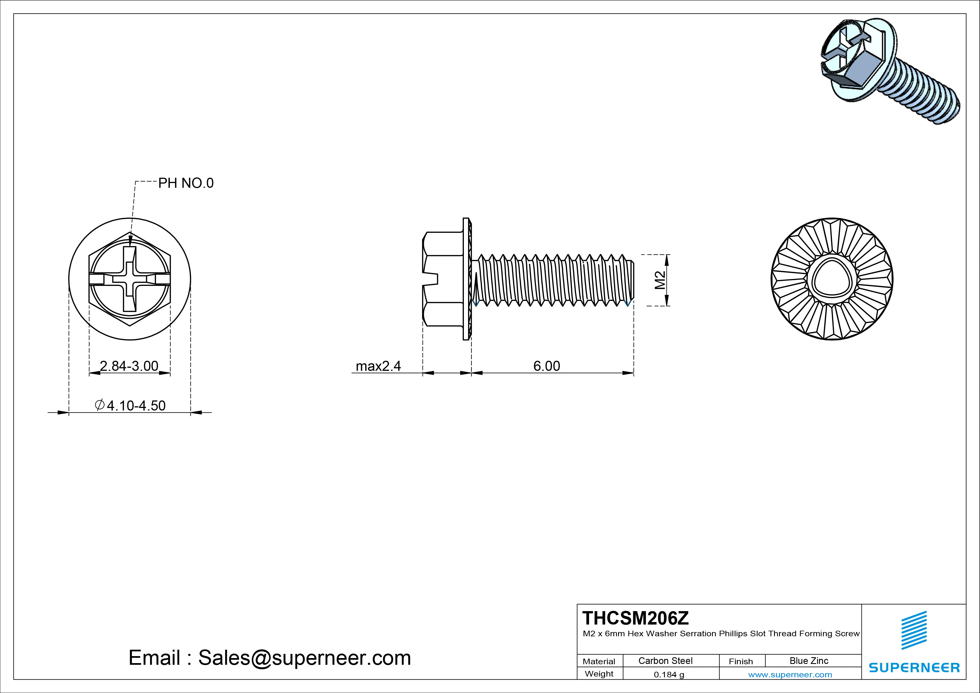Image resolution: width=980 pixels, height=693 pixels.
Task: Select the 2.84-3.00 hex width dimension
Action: point(129,366)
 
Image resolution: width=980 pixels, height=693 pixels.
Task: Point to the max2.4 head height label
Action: point(378,366)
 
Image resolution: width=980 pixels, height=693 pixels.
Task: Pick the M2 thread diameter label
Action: point(660,280)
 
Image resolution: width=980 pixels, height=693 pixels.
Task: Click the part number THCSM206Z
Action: point(635,618)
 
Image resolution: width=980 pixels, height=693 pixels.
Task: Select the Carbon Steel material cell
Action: point(665,661)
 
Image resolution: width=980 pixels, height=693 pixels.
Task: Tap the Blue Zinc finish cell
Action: point(808,661)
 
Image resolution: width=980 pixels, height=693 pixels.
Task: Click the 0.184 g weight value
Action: point(668,675)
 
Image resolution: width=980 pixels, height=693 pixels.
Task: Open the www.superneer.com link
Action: point(790,675)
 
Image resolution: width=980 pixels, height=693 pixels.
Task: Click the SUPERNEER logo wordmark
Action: point(914,667)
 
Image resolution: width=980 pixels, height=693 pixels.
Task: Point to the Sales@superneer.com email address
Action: point(304,658)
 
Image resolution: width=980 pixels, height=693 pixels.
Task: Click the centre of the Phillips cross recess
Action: point(130,279)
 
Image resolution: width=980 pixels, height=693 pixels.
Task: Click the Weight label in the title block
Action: point(599,674)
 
